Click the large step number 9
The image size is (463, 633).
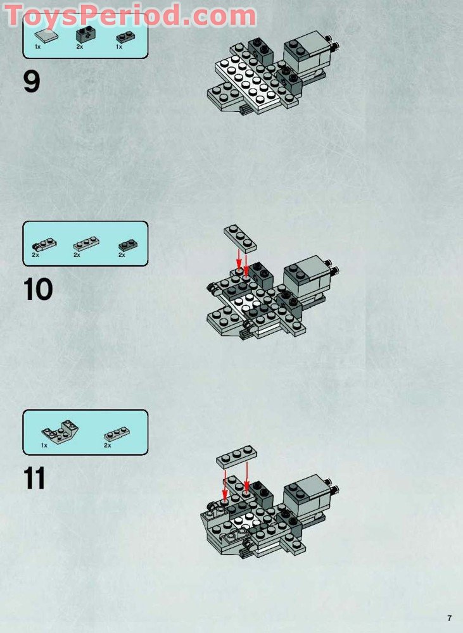coord(32,82)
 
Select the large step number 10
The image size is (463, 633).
coord(38,290)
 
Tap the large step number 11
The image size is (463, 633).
coord(35,479)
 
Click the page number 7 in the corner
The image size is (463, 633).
coord(449,618)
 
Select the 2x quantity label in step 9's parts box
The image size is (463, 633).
coord(80,47)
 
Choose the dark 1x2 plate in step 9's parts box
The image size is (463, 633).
coord(124,37)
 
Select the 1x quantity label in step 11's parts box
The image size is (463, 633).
coord(44,446)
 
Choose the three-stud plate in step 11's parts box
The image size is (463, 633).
coord(117,434)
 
